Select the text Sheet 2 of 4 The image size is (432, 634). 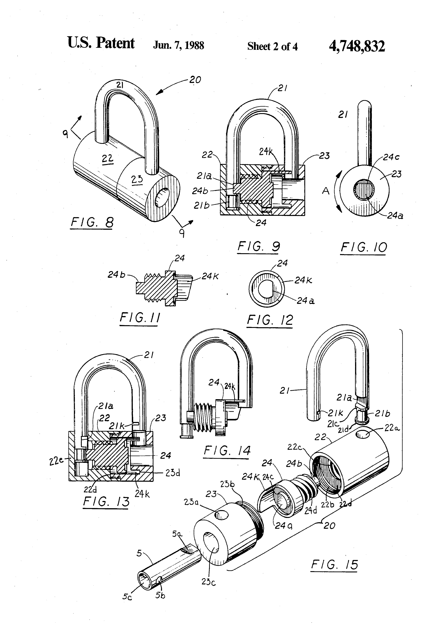point(272,46)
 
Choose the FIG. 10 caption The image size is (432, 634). point(363,247)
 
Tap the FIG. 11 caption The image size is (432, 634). point(140,318)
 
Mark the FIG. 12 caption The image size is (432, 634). point(270,320)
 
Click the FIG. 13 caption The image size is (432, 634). point(106,501)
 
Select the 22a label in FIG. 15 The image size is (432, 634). point(392,428)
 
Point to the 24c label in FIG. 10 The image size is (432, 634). point(391,157)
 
